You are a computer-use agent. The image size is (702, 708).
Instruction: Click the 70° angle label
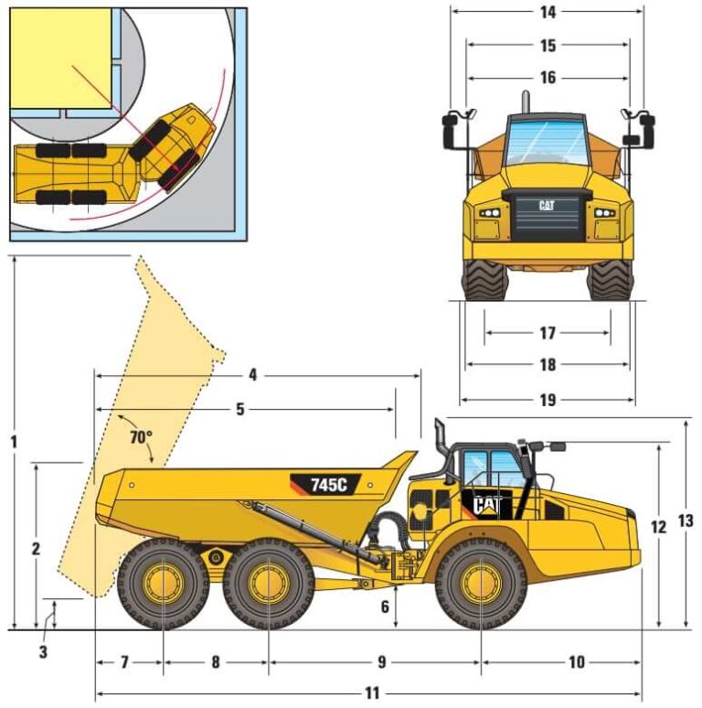point(139,438)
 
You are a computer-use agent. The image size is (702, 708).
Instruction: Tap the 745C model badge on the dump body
point(326,485)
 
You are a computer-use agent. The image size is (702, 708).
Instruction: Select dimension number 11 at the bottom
point(371,693)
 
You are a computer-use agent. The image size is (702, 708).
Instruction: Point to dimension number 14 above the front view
point(548,12)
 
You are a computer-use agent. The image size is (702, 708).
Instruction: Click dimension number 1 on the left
point(14,441)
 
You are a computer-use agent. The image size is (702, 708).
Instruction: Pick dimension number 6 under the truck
point(385,606)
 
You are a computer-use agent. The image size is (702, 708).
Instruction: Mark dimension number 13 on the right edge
point(686,520)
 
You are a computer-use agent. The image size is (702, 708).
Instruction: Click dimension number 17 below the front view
point(548,333)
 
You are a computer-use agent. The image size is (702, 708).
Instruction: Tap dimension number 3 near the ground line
point(43,651)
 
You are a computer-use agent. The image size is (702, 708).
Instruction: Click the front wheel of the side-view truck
point(481,583)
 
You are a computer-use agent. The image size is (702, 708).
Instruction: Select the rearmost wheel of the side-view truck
point(162,583)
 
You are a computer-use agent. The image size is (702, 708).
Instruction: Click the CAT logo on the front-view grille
point(547,206)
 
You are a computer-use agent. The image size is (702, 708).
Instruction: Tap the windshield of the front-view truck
point(547,142)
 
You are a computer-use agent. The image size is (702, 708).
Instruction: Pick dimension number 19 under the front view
point(548,400)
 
